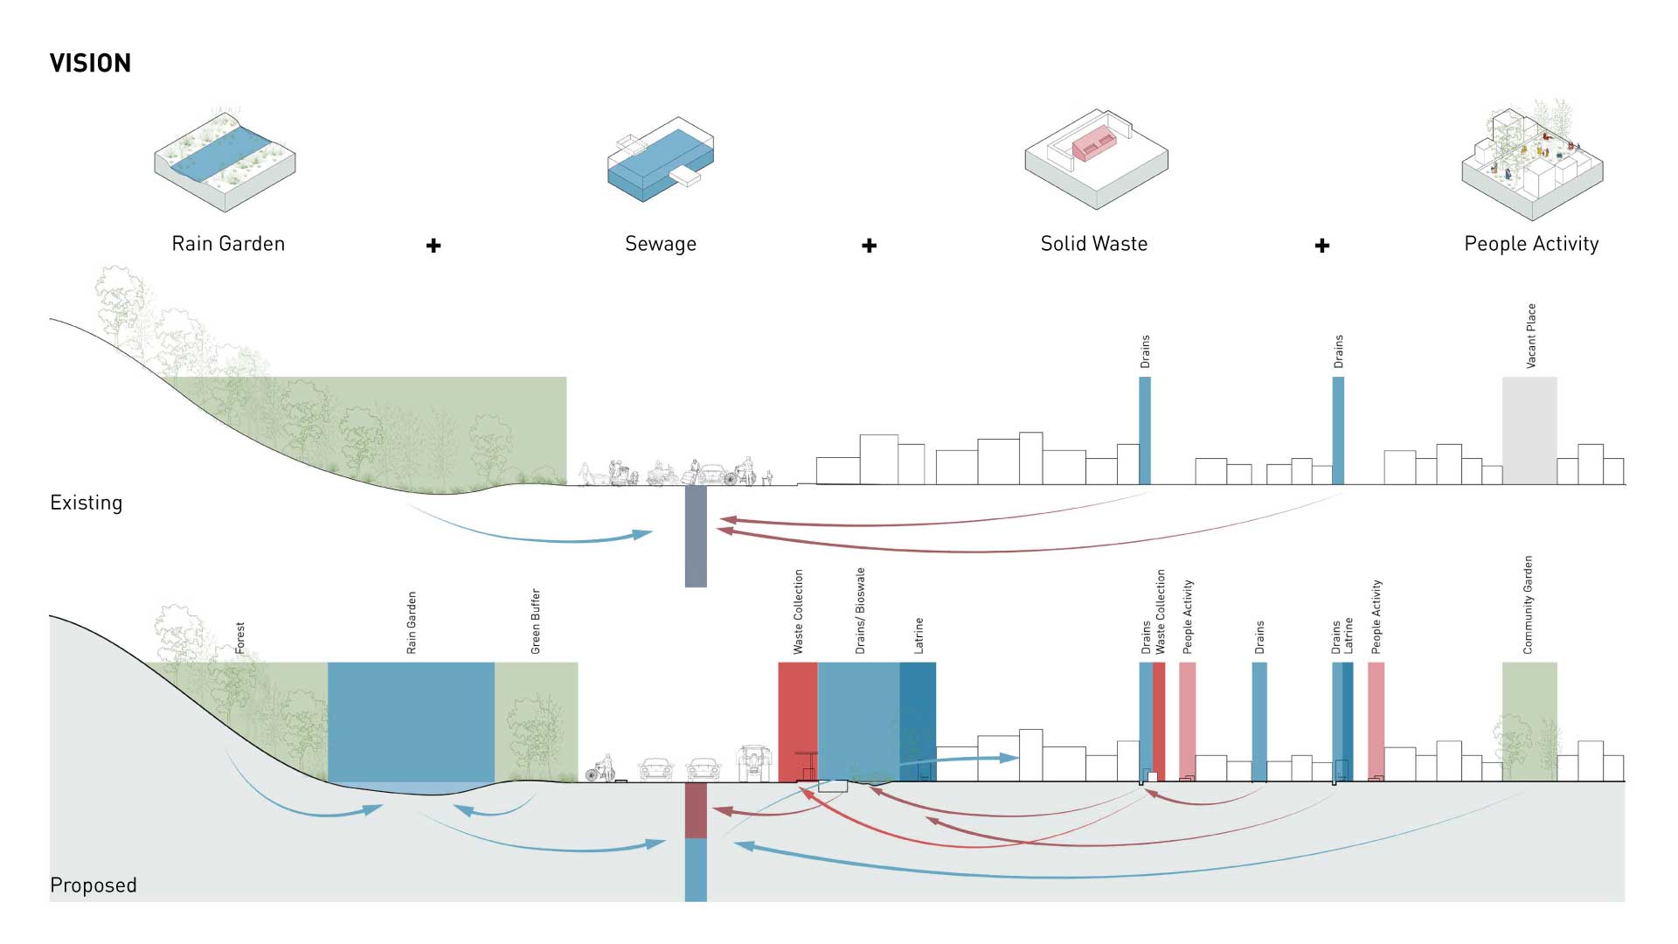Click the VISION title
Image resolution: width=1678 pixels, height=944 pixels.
(x=90, y=63)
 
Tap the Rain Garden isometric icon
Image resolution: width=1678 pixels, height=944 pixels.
(x=225, y=161)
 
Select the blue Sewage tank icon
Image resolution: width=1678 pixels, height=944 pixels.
(x=661, y=161)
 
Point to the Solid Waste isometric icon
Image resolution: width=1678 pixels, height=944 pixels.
(x=1096, y=160)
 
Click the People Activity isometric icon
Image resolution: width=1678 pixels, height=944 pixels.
(x=1531, y=161)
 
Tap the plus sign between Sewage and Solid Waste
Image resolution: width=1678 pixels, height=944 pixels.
(x=869, y=246)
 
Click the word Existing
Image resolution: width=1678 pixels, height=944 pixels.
(x=86, y=503)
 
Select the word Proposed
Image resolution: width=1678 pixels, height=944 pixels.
(x=94, y=885)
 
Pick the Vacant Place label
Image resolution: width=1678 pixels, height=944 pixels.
(x=1530, y=336)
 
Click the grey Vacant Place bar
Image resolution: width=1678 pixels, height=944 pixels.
(x=1529, y=430)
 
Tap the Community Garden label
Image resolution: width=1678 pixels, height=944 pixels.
(x=1528, y=605)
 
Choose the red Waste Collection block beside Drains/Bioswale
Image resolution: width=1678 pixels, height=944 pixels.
(x=798, y=721)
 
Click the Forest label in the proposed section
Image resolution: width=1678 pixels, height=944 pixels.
(x=240, y=638)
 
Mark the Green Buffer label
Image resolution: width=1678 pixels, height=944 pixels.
(x=536, y=621)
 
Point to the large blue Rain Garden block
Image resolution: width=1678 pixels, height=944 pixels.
(x=411, y=722)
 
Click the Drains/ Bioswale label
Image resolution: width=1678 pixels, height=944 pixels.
(x=860, y=611)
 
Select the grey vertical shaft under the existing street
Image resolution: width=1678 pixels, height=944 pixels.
(x=696, y=536)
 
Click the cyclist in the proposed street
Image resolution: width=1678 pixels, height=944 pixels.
(x=600, y=769)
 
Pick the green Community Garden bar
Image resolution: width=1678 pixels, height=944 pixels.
(x=1529, y=721)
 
